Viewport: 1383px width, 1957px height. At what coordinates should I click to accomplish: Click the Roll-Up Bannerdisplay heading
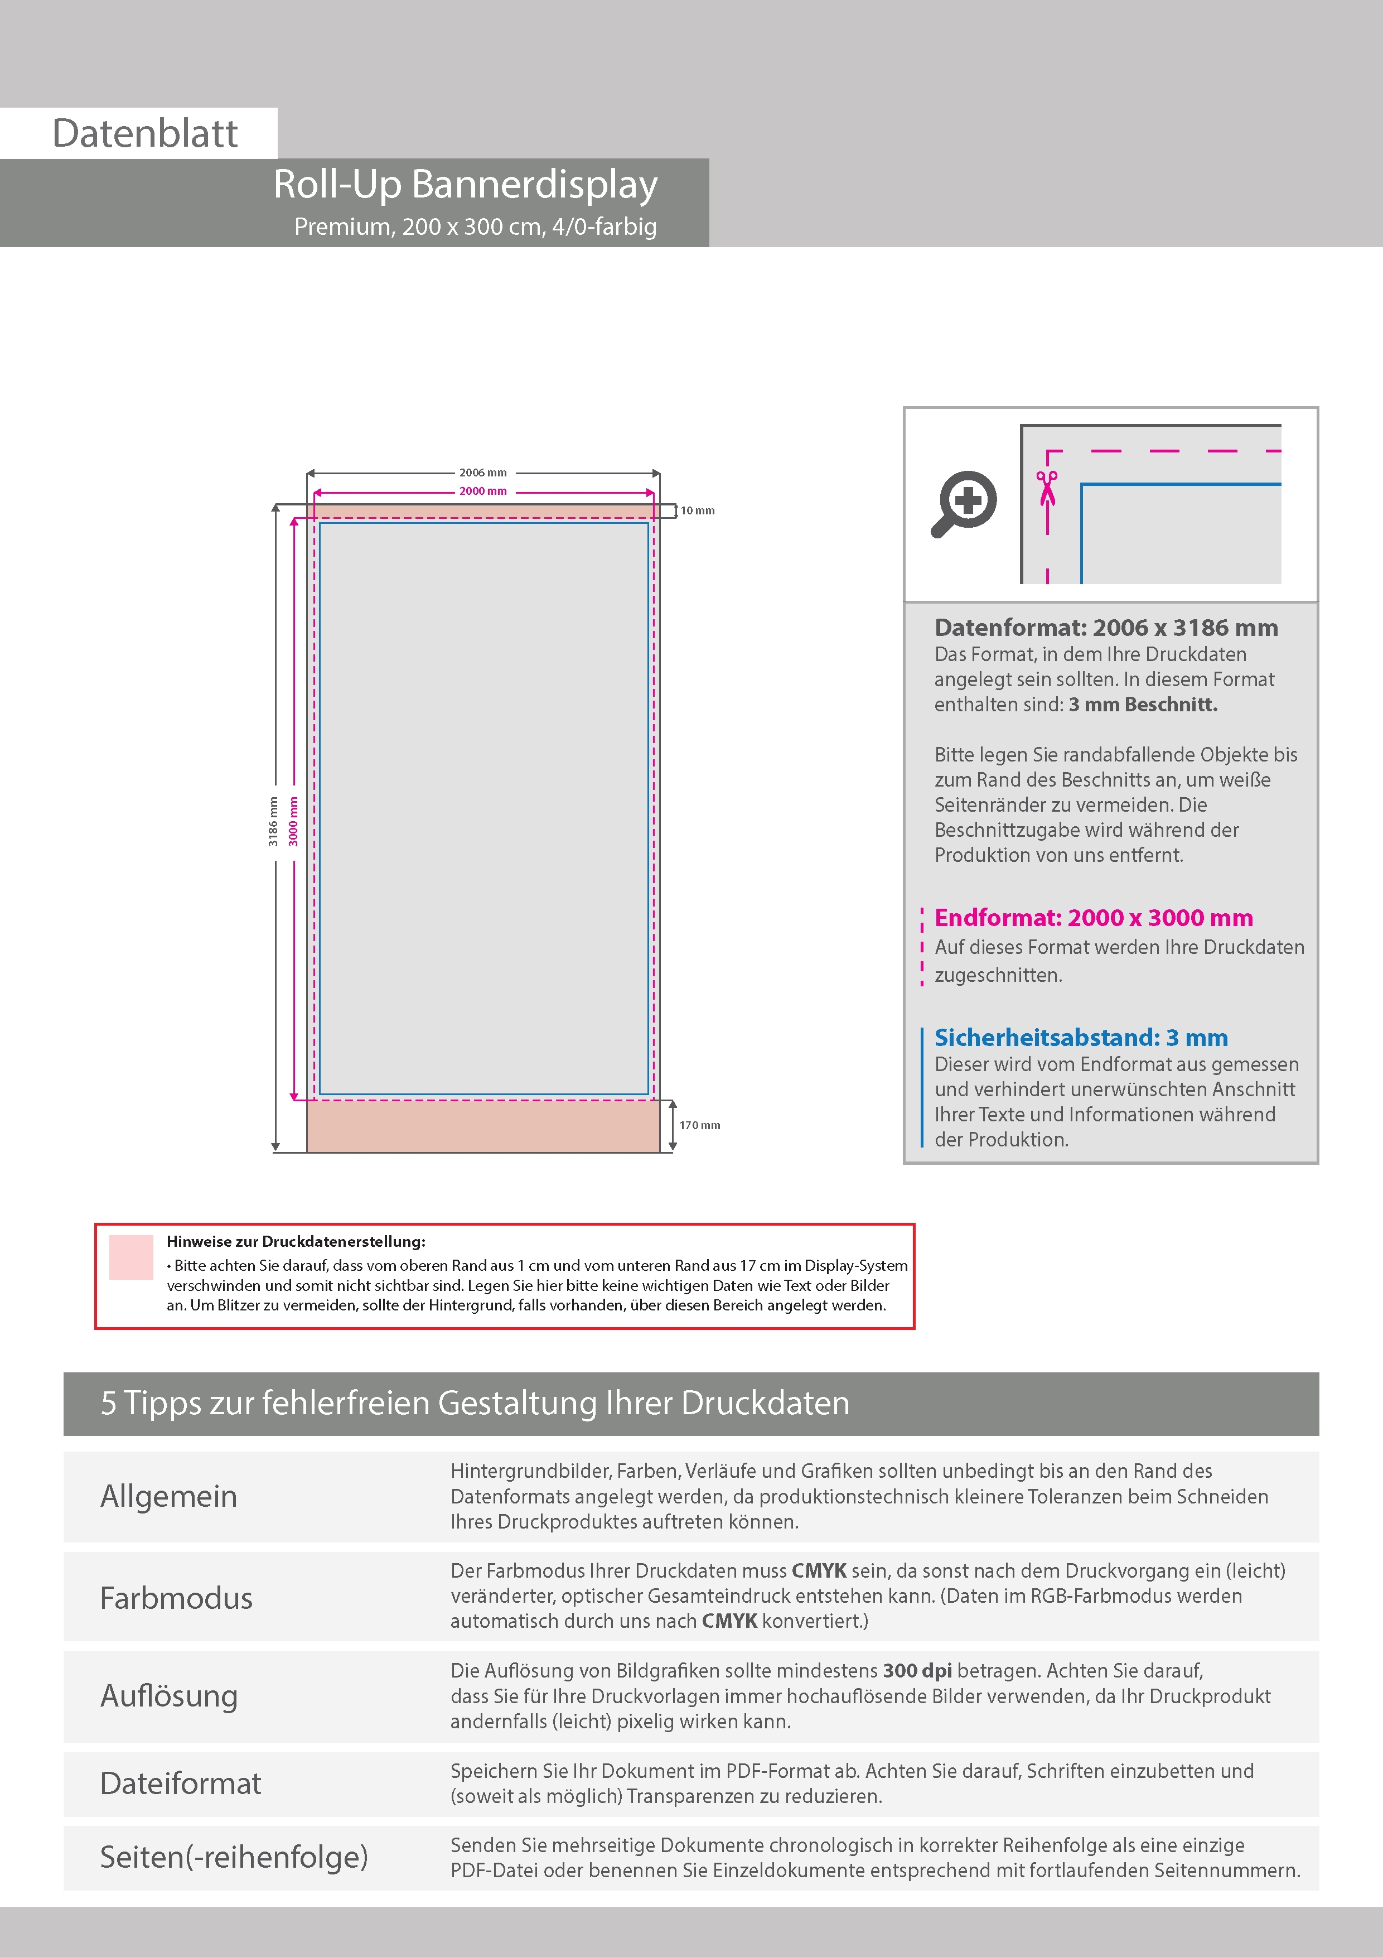465,184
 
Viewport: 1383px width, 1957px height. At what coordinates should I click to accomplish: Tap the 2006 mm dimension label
483,472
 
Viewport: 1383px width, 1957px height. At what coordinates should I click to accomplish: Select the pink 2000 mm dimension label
483,491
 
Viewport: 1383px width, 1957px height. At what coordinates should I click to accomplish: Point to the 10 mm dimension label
698,510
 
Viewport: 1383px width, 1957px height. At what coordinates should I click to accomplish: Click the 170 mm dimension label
700,1125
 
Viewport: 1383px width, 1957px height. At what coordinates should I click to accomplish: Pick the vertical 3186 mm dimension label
273,822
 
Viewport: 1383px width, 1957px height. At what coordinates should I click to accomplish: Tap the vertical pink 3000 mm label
293,822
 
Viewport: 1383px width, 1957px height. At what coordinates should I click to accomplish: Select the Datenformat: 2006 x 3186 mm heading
1106,628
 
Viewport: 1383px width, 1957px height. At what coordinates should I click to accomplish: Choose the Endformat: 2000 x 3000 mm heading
1093,918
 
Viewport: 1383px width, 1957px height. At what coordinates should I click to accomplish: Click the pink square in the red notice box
131,1257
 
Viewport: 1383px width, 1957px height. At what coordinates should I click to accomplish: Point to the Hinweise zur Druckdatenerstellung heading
296,1242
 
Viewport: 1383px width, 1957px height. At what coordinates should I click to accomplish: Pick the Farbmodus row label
176,1598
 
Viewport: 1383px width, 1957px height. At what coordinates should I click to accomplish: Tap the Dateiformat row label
181,1783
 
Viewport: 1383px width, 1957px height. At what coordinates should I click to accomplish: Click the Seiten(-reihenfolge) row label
234,1857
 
